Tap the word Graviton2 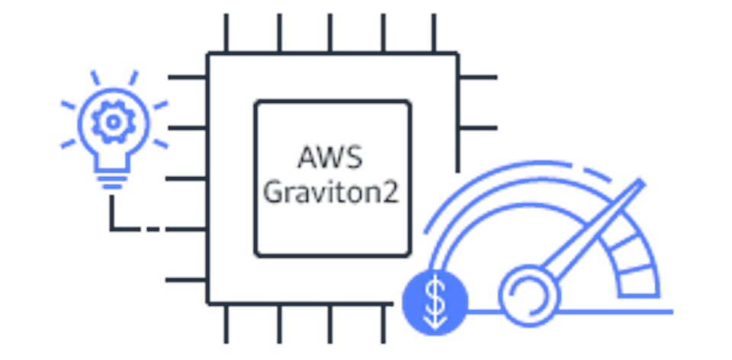click(330, 192)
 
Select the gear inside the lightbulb click(113, 121)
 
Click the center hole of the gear click(113, 121)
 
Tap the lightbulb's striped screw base click(113, 178)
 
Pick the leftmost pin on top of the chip click(226, 33)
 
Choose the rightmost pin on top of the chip click(433, 33)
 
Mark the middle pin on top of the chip click(330, 33)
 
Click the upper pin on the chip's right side click(478, 77)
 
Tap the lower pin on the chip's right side click(478, 127)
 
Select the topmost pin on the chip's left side click(188, 77)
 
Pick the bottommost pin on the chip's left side click(188, 280)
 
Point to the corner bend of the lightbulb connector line click(112, 228)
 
